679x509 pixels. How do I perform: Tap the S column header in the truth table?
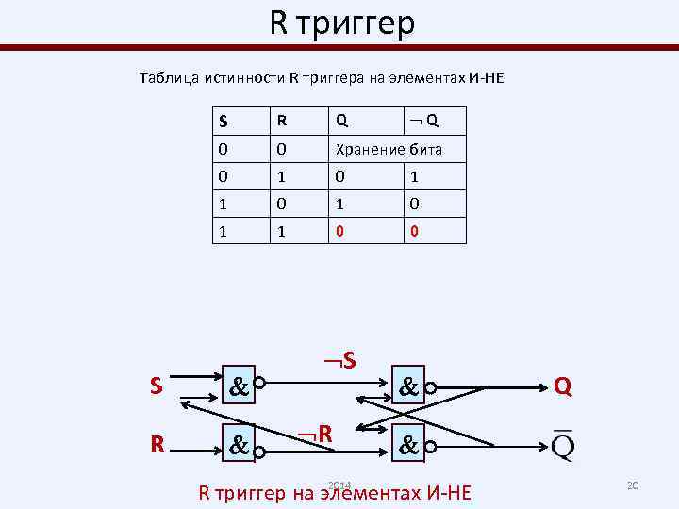(x=223, y=121)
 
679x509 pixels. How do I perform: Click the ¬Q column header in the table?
(x=423, y=121)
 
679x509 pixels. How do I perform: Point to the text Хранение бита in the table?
(x=386, y=149)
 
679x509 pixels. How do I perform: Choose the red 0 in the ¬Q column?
(x=413, y=231)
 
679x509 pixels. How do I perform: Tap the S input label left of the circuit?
(x=157, y=386)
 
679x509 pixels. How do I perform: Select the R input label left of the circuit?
(x=158, y=442)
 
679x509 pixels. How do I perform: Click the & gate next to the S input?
(x=239, y=386)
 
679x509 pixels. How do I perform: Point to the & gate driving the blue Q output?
(x=408, y=386)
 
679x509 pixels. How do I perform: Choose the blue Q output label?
(x=562, y=386)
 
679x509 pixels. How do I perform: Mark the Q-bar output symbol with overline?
(x=562, y=441)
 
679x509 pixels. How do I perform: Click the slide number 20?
(x=633, y=484)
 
